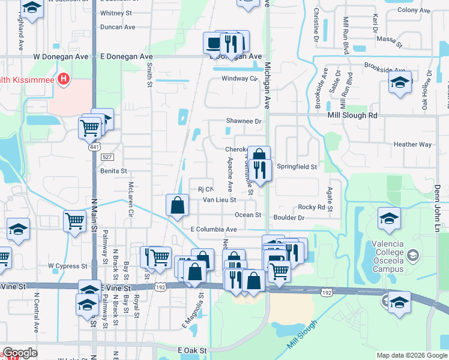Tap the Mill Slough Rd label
(x=352, y=115)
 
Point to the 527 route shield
(x=107, y=157)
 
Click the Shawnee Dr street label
(x=244, y=121)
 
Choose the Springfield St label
(x=297, y=167)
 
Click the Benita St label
(x=114, y=171)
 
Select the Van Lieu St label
(x=220, y=200)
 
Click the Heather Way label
(x=413, y=145)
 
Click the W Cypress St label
(x=68, y=265)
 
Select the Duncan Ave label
(x=118, y=27)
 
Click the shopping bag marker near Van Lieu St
(x=178, y=205)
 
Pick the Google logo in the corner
(x=20, y=353)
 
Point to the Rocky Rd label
(x=315, y=207)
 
